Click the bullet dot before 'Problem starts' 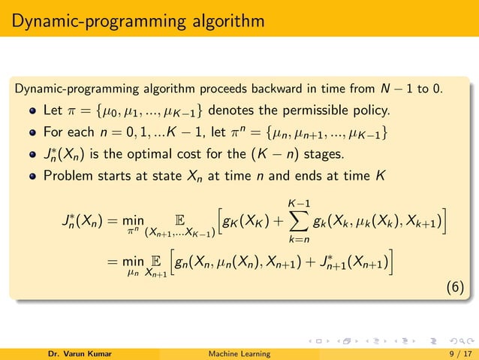pyautogui.click(x=34, y=178)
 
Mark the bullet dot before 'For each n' pyautogui.click(x=34, y=135)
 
